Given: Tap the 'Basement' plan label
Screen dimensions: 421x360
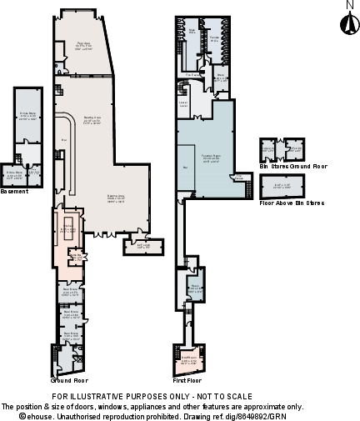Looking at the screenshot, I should [14, 191].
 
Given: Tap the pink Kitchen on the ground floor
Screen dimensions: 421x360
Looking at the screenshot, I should [68, 229].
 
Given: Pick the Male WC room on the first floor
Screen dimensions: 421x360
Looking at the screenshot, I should [192, 38].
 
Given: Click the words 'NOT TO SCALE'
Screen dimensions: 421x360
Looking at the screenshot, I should [220, 397].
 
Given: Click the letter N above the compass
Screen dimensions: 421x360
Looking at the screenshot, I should [348, 5].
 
